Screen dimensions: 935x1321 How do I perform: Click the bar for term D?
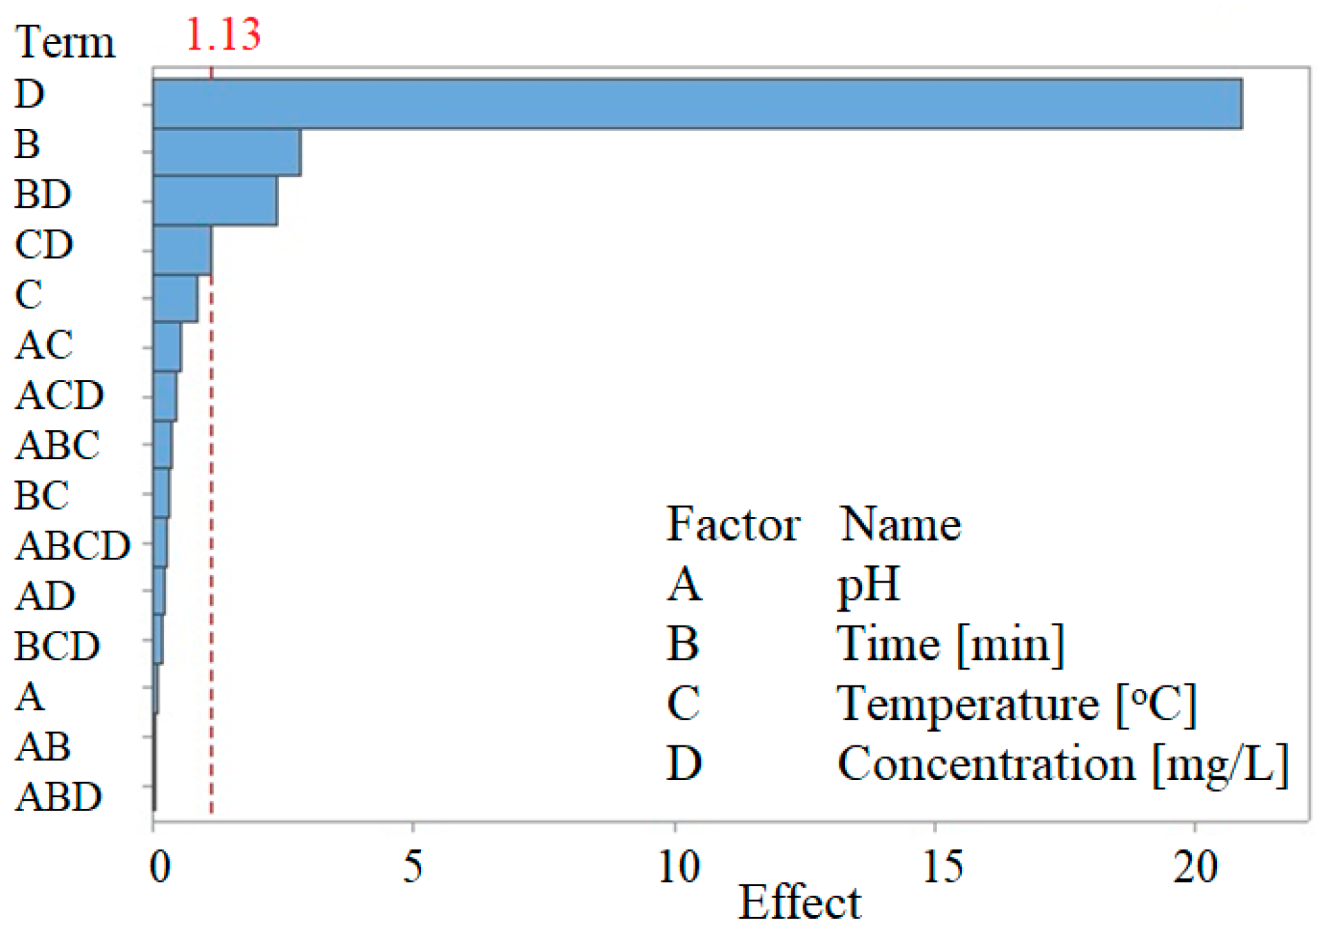pos(696,104)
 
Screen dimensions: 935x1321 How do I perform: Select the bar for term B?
pos(227,152)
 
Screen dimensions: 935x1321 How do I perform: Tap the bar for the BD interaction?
pos(215,201)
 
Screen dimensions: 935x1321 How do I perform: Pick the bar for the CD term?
pos(183,250)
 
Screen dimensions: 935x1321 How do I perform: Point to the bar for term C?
pos(176,298)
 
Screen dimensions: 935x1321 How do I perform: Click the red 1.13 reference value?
pos(223,34)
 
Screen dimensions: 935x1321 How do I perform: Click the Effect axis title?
pos(799,903)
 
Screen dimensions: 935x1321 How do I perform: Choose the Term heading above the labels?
pos(65,43)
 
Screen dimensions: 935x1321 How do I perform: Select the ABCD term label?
pos(72,545)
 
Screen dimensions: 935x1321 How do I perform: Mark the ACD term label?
pos(59,395)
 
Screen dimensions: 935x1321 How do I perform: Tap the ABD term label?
pos(59,797)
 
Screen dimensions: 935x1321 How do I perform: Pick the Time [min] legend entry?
pos(951,645)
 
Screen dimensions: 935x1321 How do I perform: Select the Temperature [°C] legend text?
pos(1016,705)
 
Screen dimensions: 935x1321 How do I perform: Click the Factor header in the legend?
pos(733,525)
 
